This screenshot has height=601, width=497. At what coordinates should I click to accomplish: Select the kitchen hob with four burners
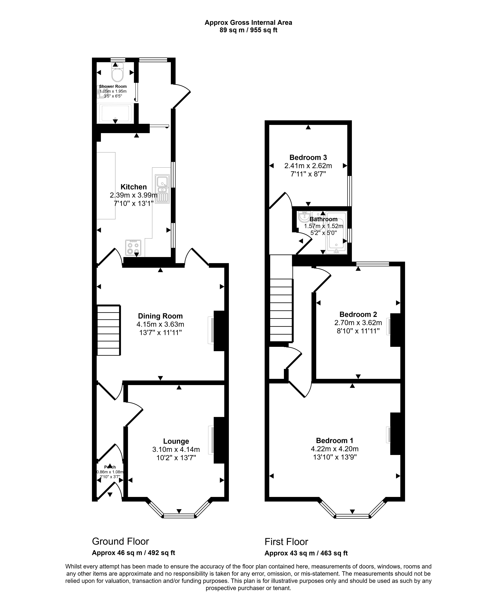point(133,247)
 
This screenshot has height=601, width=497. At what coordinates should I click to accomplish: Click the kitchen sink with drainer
point(162,189)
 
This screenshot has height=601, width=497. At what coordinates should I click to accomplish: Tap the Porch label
point(110,467)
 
